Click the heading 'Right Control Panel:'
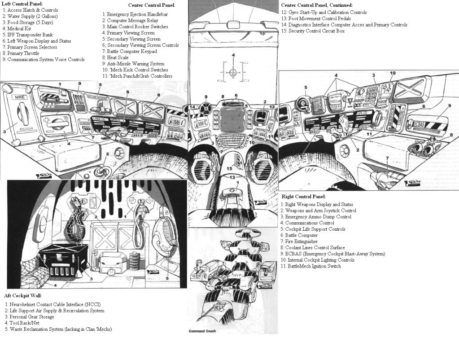tap(303, 197)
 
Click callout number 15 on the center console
tap(229, 168)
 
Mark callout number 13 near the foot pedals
tap(232, 178)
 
